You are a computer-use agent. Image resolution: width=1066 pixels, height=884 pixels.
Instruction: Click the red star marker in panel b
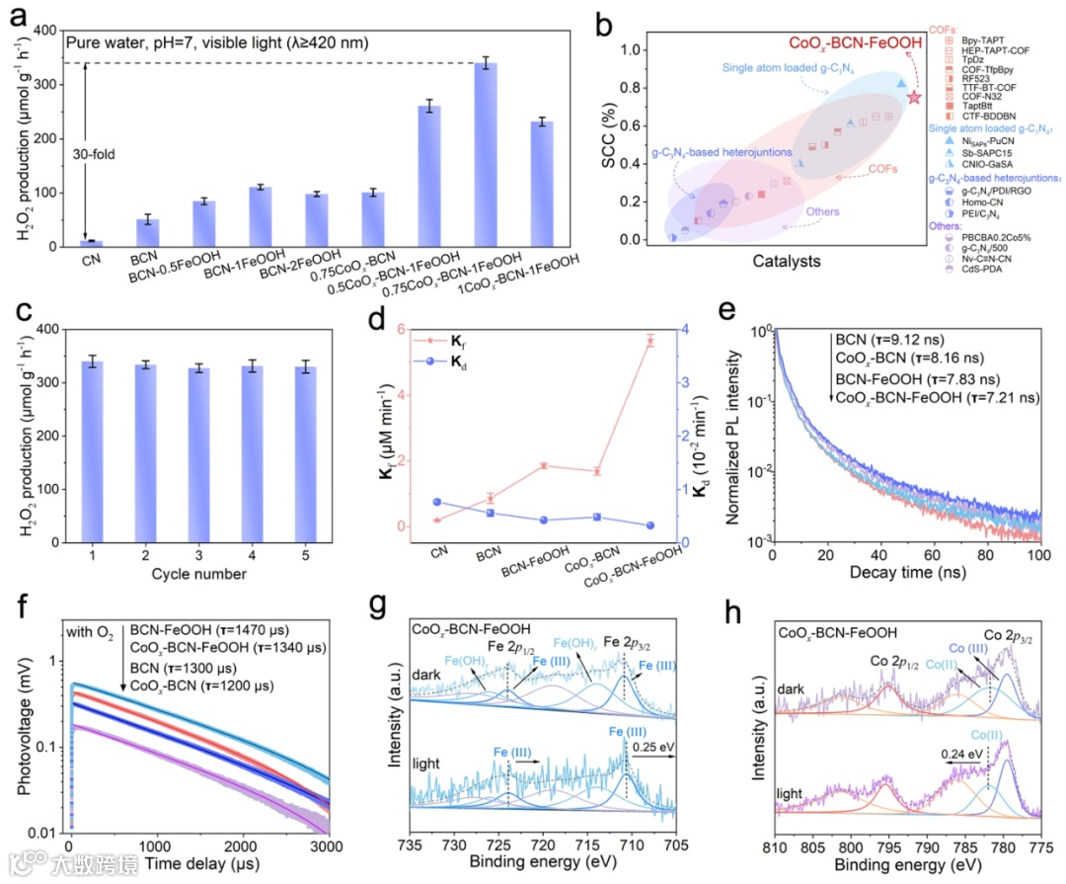point(914,98)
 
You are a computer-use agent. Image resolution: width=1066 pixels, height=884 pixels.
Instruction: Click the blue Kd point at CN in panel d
point(436,502)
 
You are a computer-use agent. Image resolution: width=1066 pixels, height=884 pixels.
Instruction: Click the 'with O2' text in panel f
point(93,633)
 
